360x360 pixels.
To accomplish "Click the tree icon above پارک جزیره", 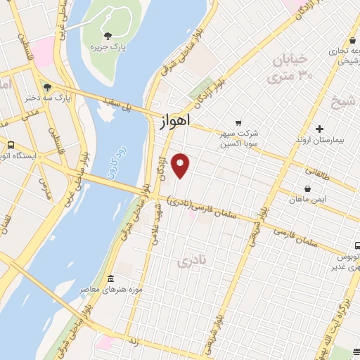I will pos(107,36).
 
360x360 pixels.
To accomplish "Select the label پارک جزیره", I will pos(108,47).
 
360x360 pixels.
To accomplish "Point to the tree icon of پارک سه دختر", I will pos(47,88).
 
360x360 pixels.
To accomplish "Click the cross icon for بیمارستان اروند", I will pos(320,129).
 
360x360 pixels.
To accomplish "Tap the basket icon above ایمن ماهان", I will pos(307,188).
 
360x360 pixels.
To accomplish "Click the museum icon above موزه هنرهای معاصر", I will pos(111,279).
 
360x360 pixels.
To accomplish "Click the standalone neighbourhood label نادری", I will pos(194,262).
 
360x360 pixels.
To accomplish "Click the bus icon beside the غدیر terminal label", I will pos(356,246).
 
